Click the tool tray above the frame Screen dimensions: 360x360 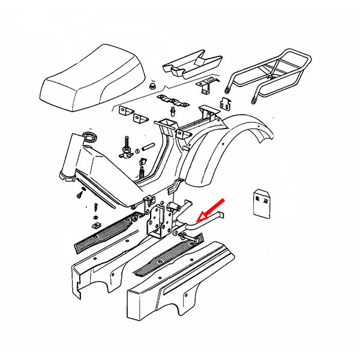190,64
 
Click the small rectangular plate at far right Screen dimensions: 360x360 262,203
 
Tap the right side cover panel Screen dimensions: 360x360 180,288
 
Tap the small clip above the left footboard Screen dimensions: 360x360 95,224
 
